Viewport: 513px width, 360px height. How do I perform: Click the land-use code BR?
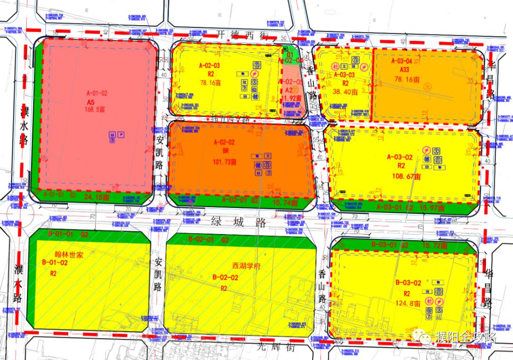tap(226, 151)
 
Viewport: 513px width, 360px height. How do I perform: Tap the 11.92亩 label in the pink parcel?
tap(292, 99)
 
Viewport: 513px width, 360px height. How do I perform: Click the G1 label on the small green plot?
tap(286, 55)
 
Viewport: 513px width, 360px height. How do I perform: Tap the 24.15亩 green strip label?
tap(95, 196)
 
